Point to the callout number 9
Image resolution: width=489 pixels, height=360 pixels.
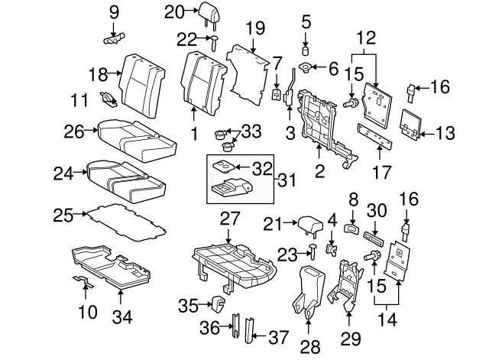click(x=115, y=11)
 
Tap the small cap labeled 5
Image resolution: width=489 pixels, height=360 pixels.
click(x=306, y=50)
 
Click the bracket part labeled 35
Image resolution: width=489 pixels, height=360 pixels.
click(x=217, y=306)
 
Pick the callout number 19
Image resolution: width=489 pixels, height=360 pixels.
click(x=254, y=30)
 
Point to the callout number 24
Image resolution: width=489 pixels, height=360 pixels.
click(x=63, y=174)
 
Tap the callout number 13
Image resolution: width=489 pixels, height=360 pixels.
click(x=448, y=132)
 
